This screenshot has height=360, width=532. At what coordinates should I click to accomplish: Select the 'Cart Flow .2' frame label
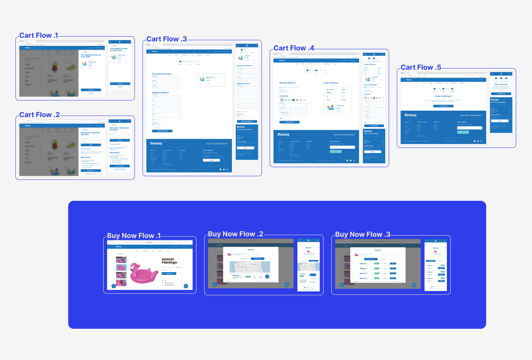[x=39, y=115]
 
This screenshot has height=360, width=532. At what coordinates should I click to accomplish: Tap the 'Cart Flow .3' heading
[x=166, y=39]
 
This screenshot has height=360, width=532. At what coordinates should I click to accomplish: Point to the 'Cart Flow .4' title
[x=294, y=48]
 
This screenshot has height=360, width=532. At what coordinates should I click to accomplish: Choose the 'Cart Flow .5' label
[x=421, y=67]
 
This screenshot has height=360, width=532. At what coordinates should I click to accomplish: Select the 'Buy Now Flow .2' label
[x=235, y=234]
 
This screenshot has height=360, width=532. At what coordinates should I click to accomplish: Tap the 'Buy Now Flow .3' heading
[x=362, y=234]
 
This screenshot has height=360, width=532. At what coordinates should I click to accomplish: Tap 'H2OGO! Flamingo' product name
[x=169, y=261]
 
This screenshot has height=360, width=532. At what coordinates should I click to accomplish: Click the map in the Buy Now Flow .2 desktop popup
[x=250, y=267]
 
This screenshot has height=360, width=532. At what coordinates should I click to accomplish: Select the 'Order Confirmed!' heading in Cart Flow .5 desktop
[x=443, y=96]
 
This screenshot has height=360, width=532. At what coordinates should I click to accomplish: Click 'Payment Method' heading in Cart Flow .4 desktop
[x=287, y=83]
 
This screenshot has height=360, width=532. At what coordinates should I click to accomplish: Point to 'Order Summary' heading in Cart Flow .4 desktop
[x=331, y=83]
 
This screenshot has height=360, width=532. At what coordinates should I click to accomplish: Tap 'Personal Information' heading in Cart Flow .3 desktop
[x=162, y=74]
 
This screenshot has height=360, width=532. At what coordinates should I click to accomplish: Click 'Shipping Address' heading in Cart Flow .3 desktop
[x=160, y=93]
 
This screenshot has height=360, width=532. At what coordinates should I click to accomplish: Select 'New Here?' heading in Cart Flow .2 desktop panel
[x=86, y=157]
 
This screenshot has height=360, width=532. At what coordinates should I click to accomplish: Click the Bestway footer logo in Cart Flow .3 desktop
[x=156, y=143]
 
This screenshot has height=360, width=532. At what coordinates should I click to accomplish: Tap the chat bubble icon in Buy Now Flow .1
[x=186, y=286]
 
